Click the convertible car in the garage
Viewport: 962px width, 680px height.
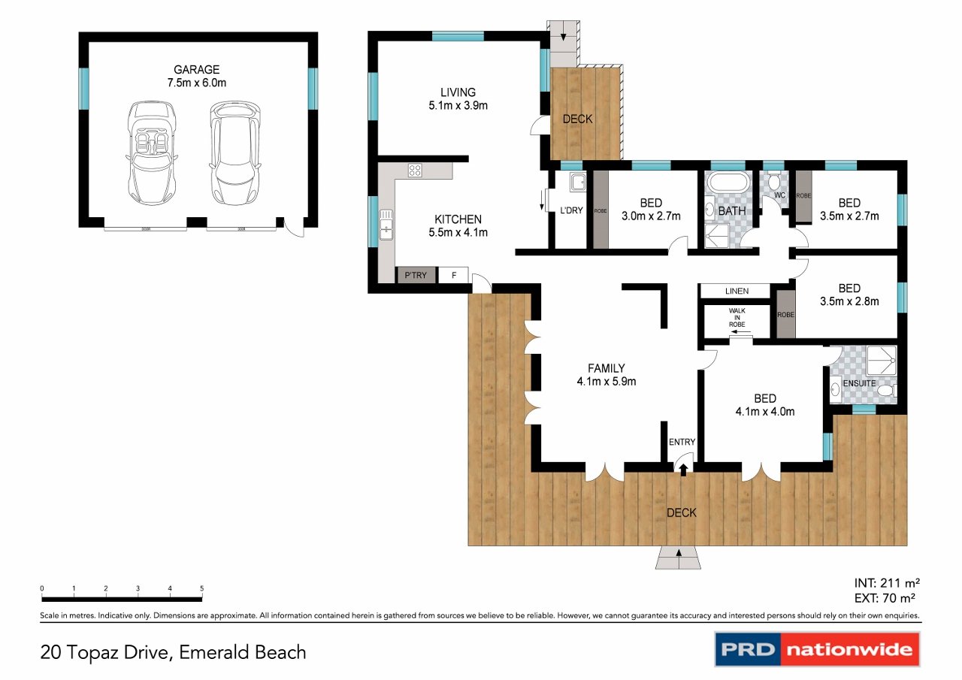(x=153, y=153)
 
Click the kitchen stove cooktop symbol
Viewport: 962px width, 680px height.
(x=415, y=171)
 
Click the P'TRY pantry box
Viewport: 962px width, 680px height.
(x=416, y=275)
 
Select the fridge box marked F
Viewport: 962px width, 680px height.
(x=453, y=275)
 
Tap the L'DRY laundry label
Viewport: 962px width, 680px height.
(x=571, y=210)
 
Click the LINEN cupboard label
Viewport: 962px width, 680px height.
(x=737, y=291)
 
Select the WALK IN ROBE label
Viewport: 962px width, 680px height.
(x=737, y=317)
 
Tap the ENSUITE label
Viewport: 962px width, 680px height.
(x=859, y=383)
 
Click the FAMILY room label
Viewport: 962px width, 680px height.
(x=607, y=374)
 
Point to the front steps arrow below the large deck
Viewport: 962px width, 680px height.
(x=679, y=558)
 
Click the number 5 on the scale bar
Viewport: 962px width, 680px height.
(x=201, y=588)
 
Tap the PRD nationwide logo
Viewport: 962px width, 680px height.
(x=816, y=649)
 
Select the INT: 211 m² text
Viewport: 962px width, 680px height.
(x=887, y=582)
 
